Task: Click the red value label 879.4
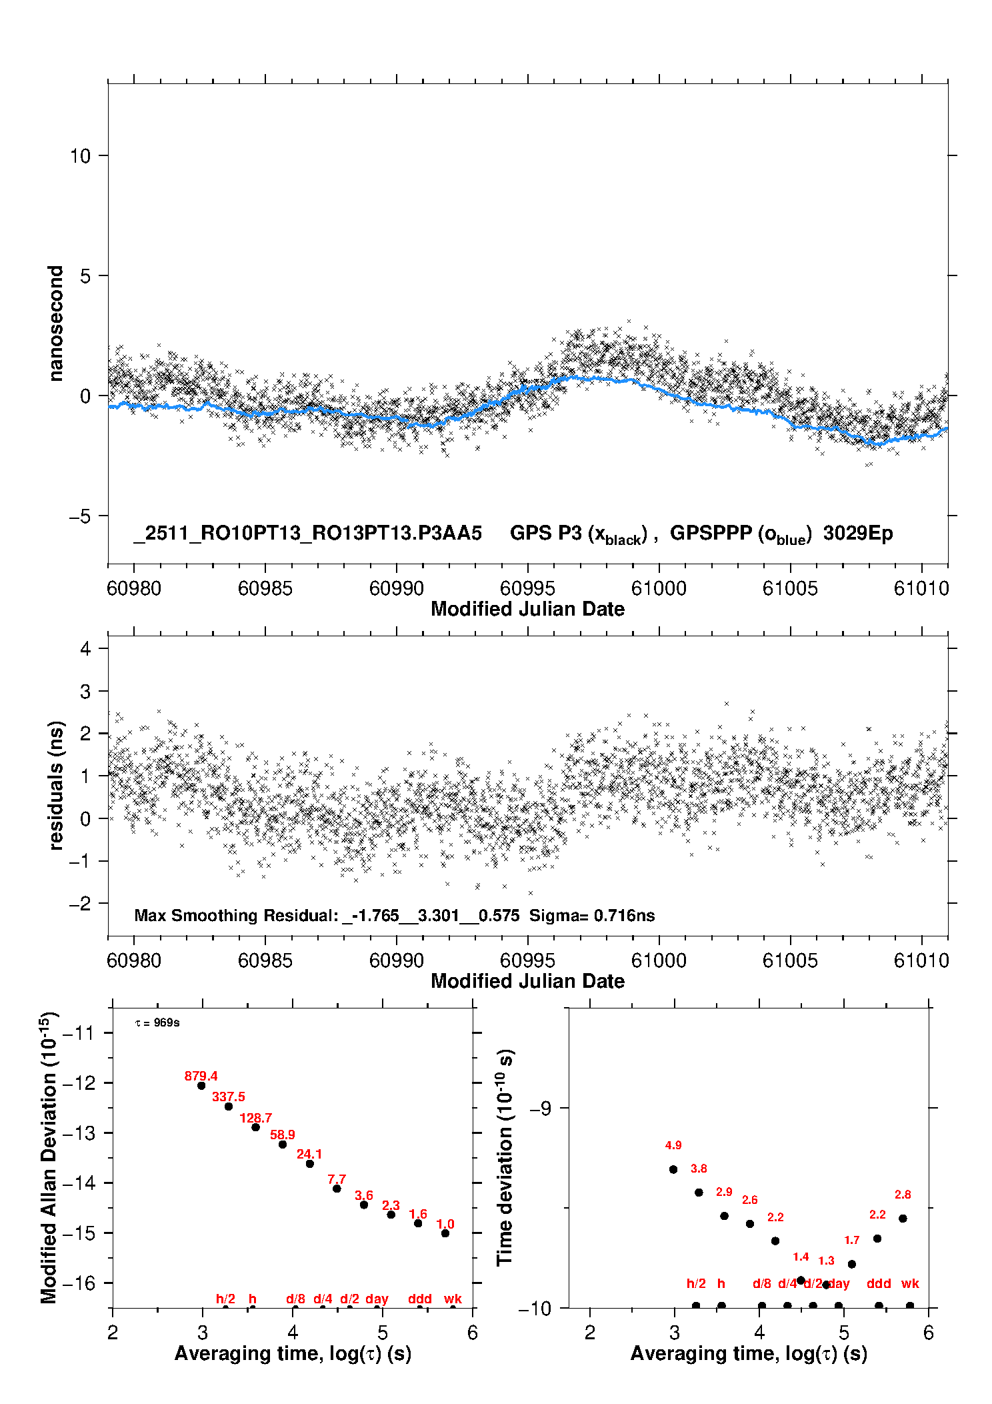[x=201, y=1076]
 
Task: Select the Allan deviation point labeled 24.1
[x=309, y=1164]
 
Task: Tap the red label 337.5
[x=229, y=1097]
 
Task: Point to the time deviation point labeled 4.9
[x=673, y=1169]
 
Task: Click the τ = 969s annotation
[x=157, y=1023]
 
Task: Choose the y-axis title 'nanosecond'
[x=55, y=323]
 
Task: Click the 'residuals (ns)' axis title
[x=56, y=786]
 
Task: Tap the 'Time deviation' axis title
[x=505, y=1157]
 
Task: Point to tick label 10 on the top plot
[x=80, y=156]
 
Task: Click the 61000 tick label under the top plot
[x=659, y=588]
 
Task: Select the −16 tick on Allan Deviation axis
[x=78, y=1283]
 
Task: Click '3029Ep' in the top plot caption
[x=857, y=533]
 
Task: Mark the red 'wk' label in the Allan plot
[x=453, y=1299]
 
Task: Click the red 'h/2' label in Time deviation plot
[x=696, y=1283]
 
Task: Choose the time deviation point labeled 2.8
[x=903, y=1219]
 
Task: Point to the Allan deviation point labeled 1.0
[x=445, y=1233]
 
